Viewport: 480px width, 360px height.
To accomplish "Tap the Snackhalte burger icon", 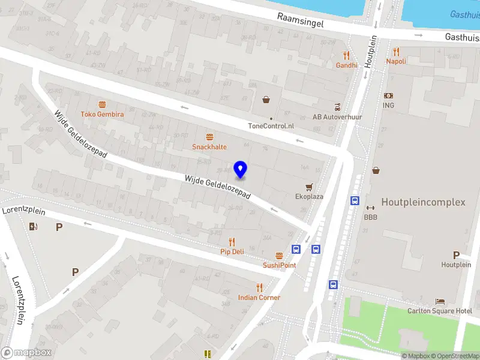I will pyautogui.click(x=209, y=137).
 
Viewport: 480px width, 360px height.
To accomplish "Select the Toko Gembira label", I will pyautogui.click(x=103, y=114).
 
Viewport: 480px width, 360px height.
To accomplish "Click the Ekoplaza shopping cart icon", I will pyautogui.click(x=310, y=187).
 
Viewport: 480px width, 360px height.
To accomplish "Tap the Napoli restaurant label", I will pyautogui.click(x=396, y=61).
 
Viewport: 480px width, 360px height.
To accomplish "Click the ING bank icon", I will pyautogui.click(x=388, y=95).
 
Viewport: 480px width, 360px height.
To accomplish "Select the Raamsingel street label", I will pyautogui.click(x=301, y=18).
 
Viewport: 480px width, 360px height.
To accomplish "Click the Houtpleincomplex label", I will pyautogui.click(x=423, y=202).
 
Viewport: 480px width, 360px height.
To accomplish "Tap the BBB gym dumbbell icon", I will pyautogui.click(x=370, y=208).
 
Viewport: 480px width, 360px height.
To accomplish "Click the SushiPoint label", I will pyautogui.click(x=279, y=265).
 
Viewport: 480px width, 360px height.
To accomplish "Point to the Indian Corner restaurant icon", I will pyautogui.click(x=259, y=287).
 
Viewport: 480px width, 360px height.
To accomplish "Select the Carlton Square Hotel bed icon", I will pyautogui.click(x=440, y=301).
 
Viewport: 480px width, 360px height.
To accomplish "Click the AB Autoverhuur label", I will pyautogui.click(x=337, y=117).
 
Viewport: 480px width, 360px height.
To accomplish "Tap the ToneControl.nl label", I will pyautogui.click(x=271, y=126).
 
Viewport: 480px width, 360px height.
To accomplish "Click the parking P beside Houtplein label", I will pyautogui.click(x=456, y=255).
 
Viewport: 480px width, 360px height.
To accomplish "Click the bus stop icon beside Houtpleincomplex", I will pyautogui.click(x=355, y=201).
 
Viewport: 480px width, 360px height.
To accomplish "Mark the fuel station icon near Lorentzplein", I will pyautogui.click(x=32, y=226).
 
